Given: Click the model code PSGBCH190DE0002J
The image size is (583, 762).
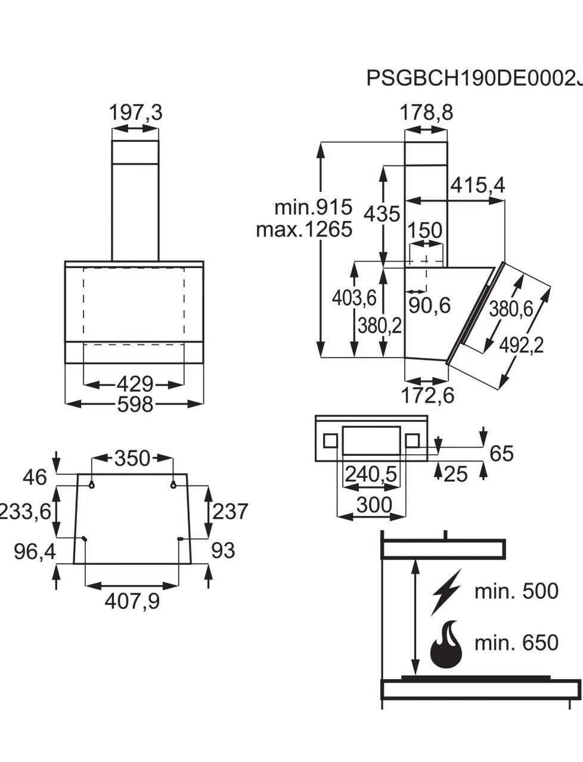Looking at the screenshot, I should (474, 78).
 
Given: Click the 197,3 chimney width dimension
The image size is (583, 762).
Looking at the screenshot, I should (135, 112).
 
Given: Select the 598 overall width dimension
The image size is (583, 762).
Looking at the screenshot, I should (135, 404).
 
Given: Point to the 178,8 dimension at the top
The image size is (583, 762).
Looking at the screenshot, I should (426, 112).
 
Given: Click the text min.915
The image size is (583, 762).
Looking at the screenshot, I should (313, 207).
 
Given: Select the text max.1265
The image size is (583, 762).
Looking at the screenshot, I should (304, 229).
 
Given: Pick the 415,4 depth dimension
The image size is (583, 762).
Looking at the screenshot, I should (477, 186).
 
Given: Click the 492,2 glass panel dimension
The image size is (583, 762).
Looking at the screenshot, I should (522, 345).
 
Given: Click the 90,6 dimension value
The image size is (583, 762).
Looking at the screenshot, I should (429, 306).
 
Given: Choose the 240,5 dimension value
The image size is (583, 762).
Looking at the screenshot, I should (370, 474).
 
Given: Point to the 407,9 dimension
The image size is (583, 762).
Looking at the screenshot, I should (132, 602).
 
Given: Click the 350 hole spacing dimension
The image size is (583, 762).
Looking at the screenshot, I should (132, 458).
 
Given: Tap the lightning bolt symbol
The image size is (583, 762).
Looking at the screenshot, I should (446, 592).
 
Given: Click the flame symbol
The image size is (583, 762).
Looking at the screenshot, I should (446, 645).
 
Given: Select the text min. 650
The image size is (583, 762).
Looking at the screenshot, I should (516, 643).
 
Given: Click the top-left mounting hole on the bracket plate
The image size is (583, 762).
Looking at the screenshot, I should (91, 486).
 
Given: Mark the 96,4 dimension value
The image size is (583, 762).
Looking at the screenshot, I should (35, 552).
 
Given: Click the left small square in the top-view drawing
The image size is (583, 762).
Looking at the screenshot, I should (330, 441).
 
